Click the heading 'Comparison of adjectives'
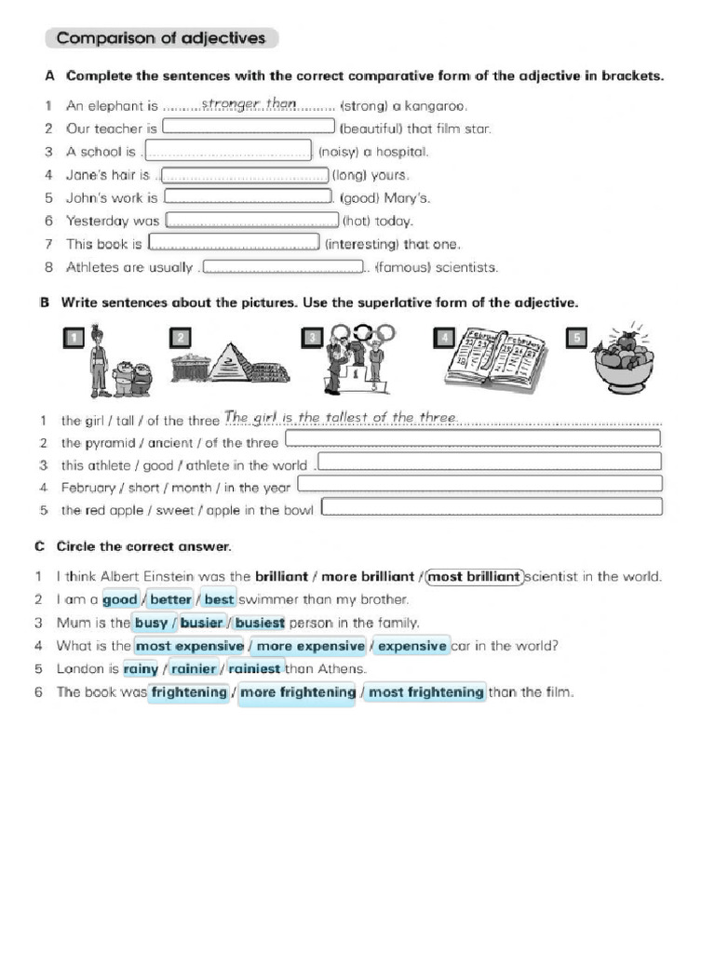click(161, 38)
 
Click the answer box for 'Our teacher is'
click(249, 128)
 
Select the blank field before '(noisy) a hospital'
click(228, 151)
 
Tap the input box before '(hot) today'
click(251, 221)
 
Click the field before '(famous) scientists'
click(282, 267)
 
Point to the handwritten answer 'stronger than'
click(249, 104)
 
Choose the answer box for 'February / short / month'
click(479, 484)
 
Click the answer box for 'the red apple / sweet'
click(492, 507)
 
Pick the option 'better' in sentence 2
click(170, 600)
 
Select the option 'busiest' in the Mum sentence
click(259, 624)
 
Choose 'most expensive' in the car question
click(190, 646)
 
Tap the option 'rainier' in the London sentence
click(194, 669)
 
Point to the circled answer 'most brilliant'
click(475, 577)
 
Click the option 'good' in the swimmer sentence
click(120, 600)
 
